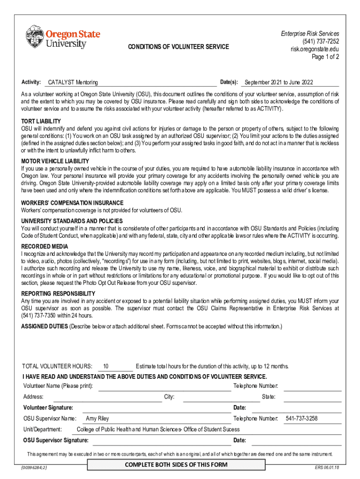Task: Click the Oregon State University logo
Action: (x=63, y=37)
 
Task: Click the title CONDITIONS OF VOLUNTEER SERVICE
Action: (x=178, y=47)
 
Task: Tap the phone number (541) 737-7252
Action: (x=320, y=41)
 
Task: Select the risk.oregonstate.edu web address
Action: (x=315, y=49)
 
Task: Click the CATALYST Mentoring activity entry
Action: (x=73, y=83)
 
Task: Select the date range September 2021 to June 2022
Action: (x=279, y=83)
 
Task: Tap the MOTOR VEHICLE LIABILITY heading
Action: (x=55, y=161)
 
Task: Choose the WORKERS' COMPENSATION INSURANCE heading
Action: (x=72, y=203)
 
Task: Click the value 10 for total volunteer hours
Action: (x=106, y=366)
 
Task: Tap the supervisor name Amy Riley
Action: (x=98, y=419)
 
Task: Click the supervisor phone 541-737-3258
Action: (x=302, y=419)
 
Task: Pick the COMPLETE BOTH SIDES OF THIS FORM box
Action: (x=176, y=464)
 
